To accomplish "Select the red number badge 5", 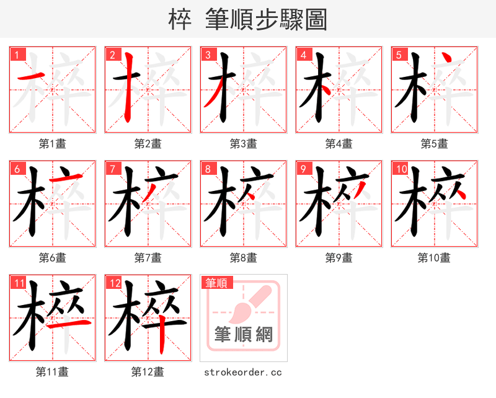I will [399, 55].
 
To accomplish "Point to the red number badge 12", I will [113, 283].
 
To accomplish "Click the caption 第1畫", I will [52, 144].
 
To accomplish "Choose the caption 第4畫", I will [339, 144].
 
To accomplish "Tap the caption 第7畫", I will [148, 257].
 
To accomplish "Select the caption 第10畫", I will [434, 257].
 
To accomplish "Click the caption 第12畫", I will [148, 372].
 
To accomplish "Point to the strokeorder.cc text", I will [243, 372].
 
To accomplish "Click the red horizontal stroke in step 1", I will [29, 78].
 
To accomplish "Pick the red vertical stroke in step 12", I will [163, 335].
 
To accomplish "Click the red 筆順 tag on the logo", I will [217, 283].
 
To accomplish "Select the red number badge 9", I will [303, 169].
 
